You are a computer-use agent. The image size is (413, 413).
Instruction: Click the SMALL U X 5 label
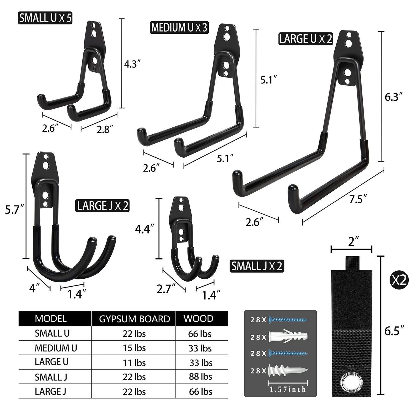45,18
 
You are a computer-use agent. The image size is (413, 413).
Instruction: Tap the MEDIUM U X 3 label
179,28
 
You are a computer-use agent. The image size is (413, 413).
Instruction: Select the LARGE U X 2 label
306,39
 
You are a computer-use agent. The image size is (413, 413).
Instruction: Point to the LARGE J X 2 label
102,206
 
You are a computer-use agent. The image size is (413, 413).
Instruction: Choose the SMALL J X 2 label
257,266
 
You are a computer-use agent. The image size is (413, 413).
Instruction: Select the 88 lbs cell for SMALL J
200,377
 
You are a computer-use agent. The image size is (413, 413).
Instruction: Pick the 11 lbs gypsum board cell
134,362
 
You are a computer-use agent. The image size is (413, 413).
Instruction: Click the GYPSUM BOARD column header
134,319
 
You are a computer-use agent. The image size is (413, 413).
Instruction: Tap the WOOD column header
198,318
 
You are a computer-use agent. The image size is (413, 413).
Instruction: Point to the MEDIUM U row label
56,348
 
